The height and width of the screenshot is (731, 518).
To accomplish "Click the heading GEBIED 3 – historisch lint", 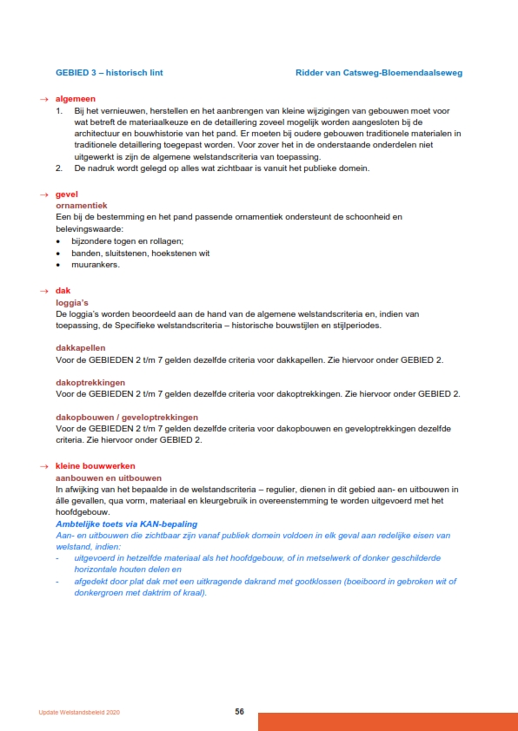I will [x=109, y=73].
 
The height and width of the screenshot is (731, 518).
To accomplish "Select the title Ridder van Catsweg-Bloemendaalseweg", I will [x=378, y=73].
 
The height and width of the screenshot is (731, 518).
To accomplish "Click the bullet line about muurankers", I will [x=96, y=265].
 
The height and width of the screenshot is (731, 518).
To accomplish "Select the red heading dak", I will [x=63, y=290].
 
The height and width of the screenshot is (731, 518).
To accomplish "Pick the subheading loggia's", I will [x=74, y=301].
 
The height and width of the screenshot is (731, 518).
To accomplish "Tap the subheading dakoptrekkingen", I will [x=90, y=381].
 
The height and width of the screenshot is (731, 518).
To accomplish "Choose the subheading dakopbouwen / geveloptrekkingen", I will [x=127, y=417].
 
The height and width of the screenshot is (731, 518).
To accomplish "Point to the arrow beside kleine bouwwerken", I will [x=43, y=467].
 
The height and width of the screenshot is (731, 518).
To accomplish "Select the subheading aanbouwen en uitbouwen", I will [x=109, y=478].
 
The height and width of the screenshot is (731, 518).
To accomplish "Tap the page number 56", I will [x=239, y=711].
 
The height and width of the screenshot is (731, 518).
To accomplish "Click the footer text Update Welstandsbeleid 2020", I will [x=79, y=712].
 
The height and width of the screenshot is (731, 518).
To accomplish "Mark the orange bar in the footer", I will [x=388, y=721].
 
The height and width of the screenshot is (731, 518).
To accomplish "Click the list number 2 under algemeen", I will [x=59, y=168].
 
